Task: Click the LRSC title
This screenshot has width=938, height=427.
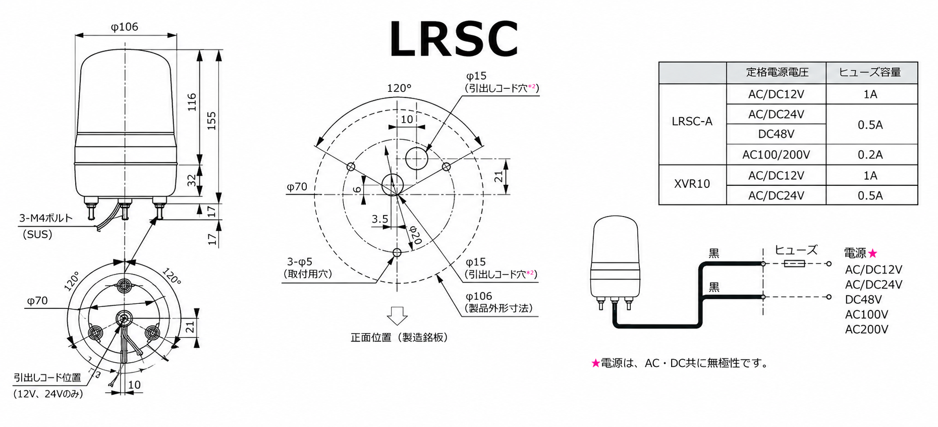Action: [x=454, y=39]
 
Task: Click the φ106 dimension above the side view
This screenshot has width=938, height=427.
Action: [x=124, y=27]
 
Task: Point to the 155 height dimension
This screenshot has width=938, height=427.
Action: [x=211, y=121]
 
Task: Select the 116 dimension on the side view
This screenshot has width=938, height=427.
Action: [x=192, y=102]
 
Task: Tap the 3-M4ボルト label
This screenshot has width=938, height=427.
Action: [x=45, y=218]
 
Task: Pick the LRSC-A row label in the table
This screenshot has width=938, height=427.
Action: [x=692, y=122]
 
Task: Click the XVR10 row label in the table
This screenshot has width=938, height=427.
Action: [x=692, y=184]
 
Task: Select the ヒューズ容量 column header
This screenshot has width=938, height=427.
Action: [x=870, y=72]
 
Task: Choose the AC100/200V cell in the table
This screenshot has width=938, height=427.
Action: [x=776, y=154]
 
